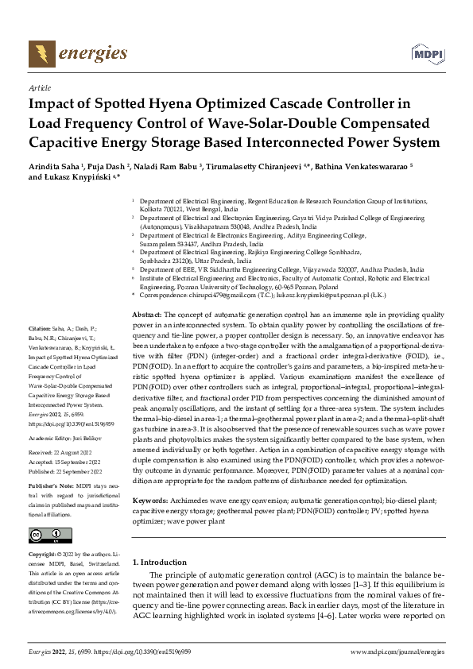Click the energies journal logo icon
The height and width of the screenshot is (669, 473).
pyautogui.click(x=40, y=54)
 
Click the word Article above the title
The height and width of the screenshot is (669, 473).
pyautogui.click(x=39, y=89)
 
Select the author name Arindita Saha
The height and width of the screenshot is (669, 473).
pyautogui.click(x=56, y=167)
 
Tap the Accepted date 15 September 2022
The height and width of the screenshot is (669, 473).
pyautogui.click(x=73, y=459)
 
